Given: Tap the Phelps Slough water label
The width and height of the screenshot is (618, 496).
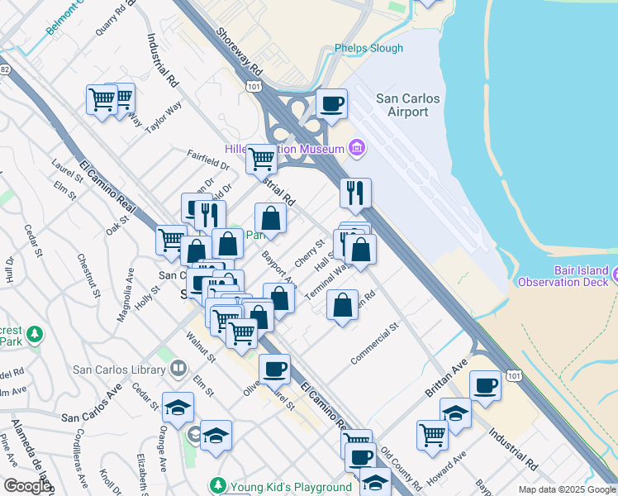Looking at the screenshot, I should (x=369, y=48).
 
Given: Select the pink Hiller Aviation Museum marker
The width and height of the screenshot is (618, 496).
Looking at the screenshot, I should (x=357, y=149).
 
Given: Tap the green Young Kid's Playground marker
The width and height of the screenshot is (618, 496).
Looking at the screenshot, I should (x=217, y=486).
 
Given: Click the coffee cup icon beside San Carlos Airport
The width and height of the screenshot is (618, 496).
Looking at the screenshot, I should (x=332, y=104).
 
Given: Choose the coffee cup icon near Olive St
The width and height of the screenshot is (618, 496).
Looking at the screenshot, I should (x=274, y=370).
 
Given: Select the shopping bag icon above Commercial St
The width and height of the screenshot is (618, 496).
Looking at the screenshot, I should (x=342, y=306).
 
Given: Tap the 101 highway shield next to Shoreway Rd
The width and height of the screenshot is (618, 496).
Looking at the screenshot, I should (x=253, y=85).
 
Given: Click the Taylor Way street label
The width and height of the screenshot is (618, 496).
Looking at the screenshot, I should (x=163, y=118).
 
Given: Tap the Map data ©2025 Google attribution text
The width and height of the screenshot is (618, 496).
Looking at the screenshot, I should (x=567, y=489).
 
